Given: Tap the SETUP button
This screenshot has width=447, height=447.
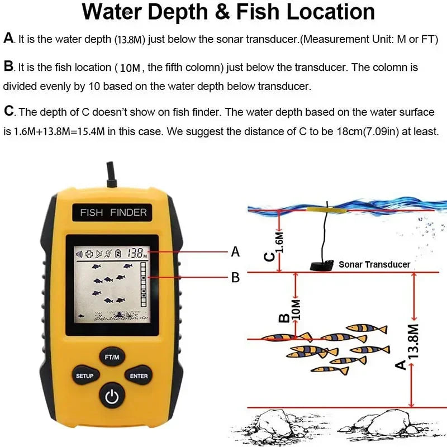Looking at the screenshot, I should (x=85, y=376).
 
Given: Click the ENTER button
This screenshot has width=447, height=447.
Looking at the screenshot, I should (x=139, y=376).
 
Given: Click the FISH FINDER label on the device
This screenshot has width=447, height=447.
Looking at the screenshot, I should (x=113, y=212).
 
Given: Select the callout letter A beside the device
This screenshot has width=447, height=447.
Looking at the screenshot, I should (x=235, y=253).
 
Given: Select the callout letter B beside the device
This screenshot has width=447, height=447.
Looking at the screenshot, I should (x=235, y=277).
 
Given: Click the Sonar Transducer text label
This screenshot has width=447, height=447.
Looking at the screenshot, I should (x=374, y=264).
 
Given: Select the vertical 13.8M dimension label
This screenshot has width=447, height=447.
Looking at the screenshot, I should (x=414, y=339).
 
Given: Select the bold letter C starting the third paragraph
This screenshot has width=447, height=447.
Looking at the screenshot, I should (x=9, y=111).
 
